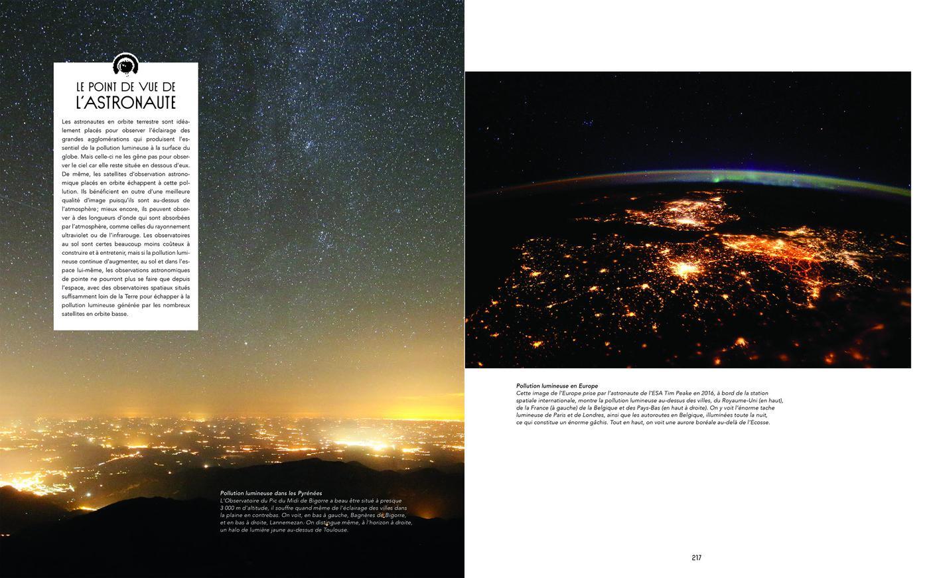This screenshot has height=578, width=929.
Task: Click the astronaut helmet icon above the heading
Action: pyautogui.click(x=125, y=64)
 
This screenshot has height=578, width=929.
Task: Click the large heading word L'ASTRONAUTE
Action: pyautogui.click(x=125, y=102)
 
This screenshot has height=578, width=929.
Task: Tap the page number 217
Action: pyautogui.click(x=696, y=557)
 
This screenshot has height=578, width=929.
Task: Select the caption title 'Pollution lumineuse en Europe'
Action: pyautogui.click(x=557, y=386)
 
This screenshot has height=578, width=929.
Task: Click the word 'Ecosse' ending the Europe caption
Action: pyautogui.click(x=758, y=423)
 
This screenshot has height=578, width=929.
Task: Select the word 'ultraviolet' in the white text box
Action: pyautogui.click(x=78, y=235)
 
